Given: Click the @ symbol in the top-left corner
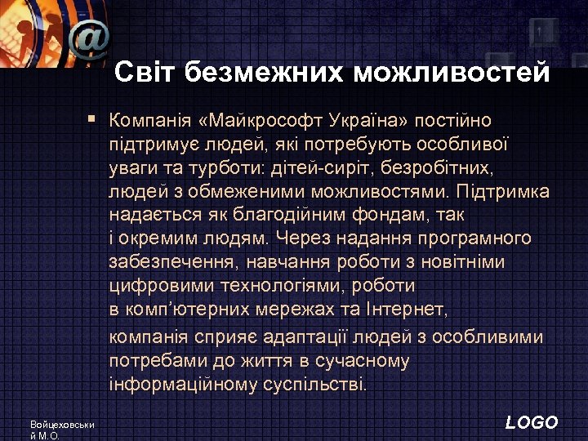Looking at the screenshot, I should tap(88, 38).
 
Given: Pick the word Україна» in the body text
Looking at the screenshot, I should tap(368, 121).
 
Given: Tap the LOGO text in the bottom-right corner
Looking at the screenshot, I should tap(532, 422).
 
